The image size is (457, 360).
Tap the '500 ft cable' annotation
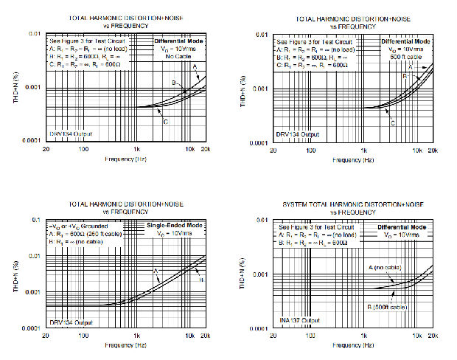pos(406,57)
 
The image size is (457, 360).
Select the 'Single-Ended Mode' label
pos(175,225)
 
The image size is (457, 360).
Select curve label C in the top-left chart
pos(166,122)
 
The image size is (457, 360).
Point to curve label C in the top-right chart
pos(393,123)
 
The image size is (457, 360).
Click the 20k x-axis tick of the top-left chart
pos(206,149)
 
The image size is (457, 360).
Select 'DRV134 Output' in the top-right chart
pos(299,134)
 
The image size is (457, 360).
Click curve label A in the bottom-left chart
pos(156,271)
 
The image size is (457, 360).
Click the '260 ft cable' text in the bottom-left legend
pos(111,233)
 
